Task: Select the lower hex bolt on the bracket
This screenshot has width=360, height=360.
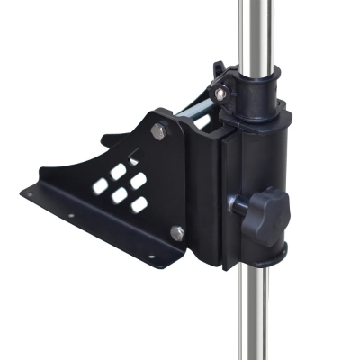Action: pyautogui.click(x=177, y=233)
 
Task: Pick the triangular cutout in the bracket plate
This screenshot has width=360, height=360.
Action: pyautogui.click(x=134, y=157)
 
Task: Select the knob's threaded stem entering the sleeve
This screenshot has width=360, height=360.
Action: pyautogui.click(x=239, y=204)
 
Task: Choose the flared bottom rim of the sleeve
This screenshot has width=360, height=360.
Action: pyautogui.click(x=261, y=256)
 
